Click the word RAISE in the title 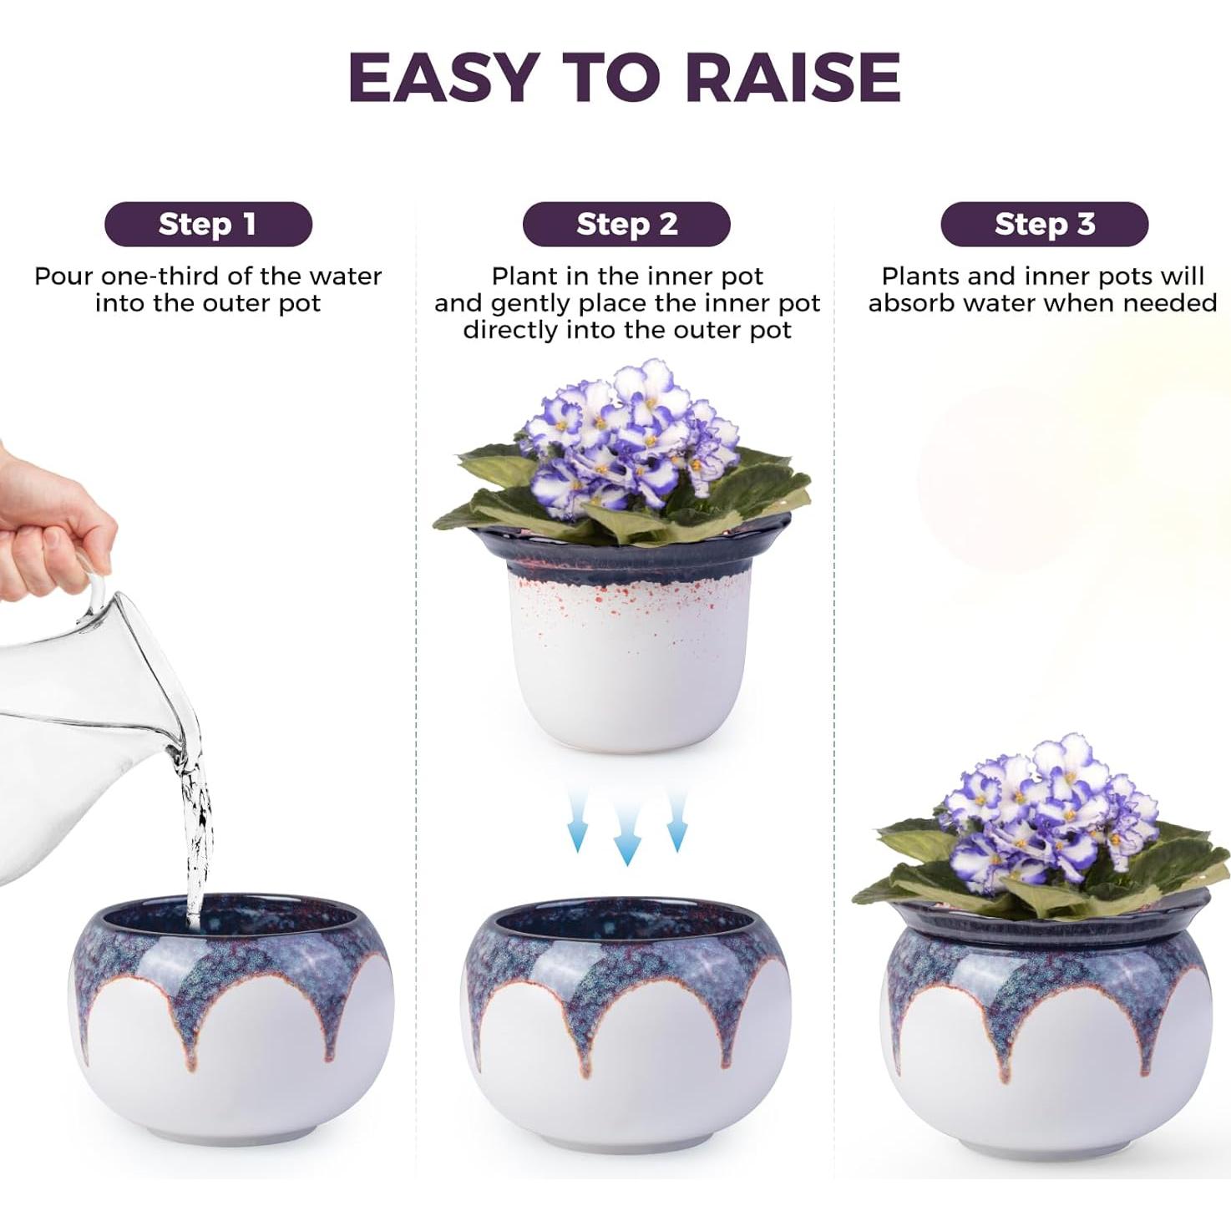[793, 77]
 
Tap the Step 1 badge [208, 224]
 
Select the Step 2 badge [626, 224]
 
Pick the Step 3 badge [1044, 224]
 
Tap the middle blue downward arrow [626, 835]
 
